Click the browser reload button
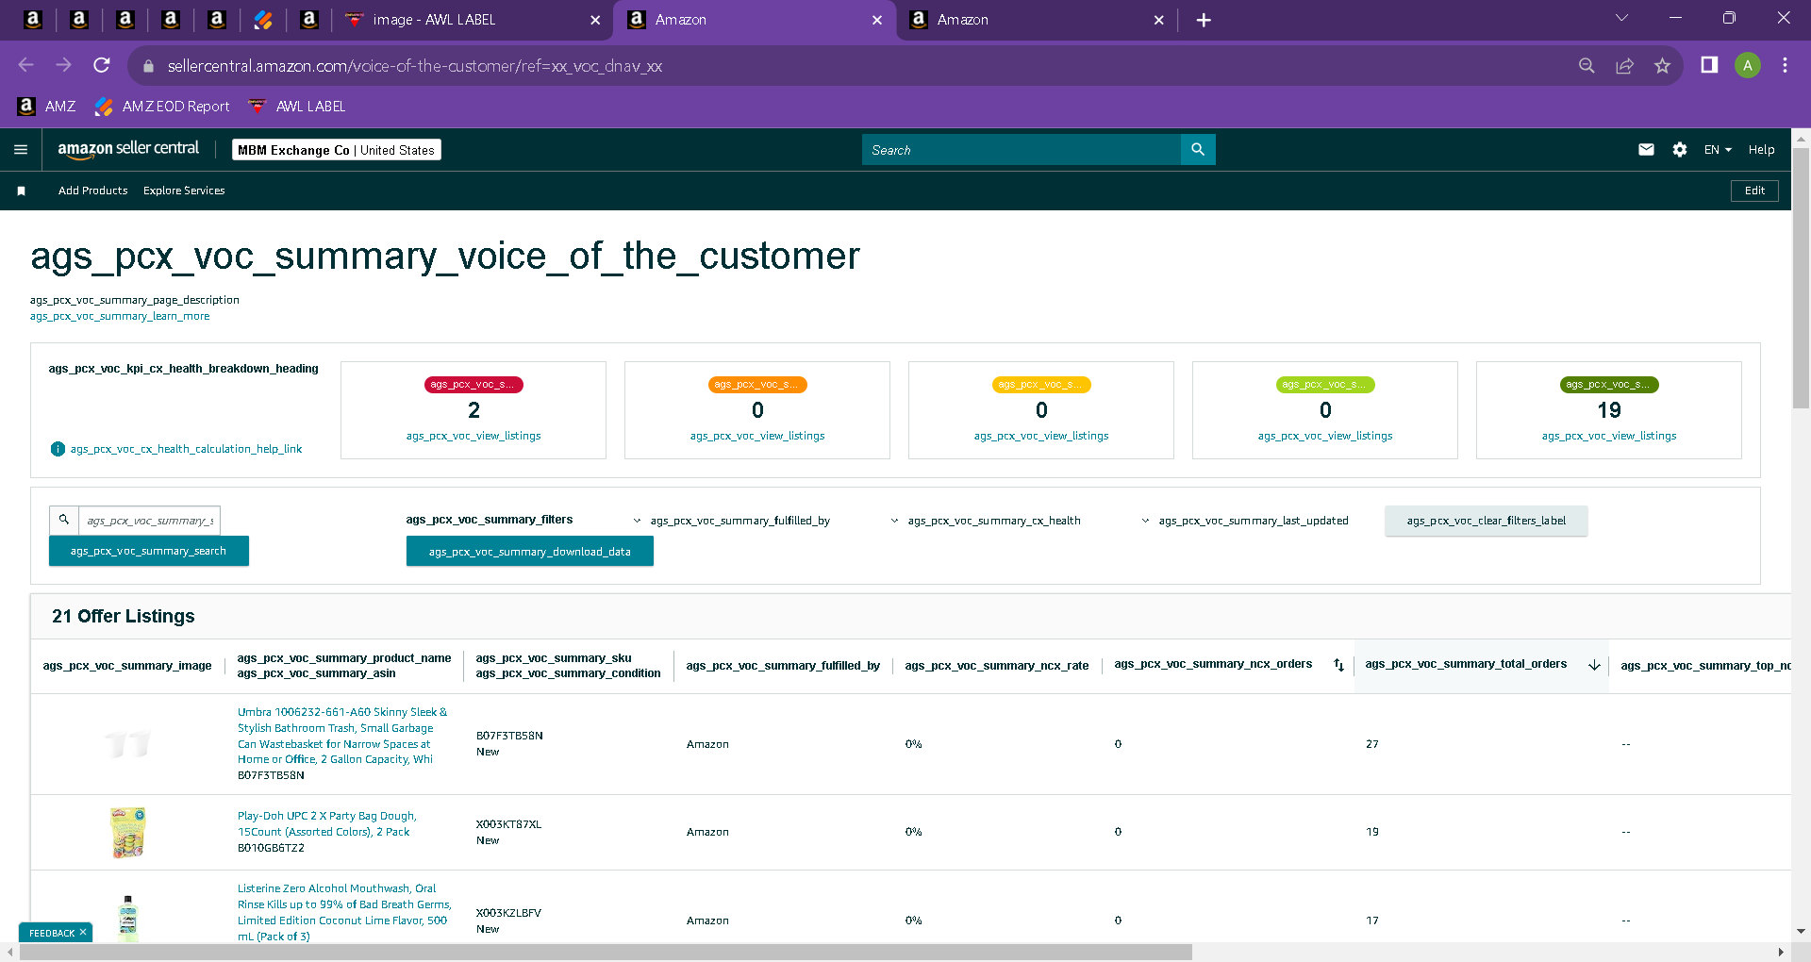tap(102, 65)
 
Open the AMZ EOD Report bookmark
tap(162, 107)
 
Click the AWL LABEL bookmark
tap(297, 107)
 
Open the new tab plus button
tap(1204, 20)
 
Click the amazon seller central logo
tap(128, 149)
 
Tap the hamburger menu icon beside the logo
tap(21, 149)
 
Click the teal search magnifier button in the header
tap(1198, 149)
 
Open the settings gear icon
tap(1680, 149)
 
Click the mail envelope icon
tap(1646, 149)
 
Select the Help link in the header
tap(1761, 150)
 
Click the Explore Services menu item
tap(184, 191)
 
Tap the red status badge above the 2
tap(474, 385)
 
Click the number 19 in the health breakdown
tap(1609, 410)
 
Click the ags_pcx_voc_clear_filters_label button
tap(1487, 521)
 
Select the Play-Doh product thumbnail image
tap(128, 832)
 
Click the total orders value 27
tap(1372, 744)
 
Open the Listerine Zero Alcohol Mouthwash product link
tap(344, 912)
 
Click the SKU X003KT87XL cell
tap(509, 824)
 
